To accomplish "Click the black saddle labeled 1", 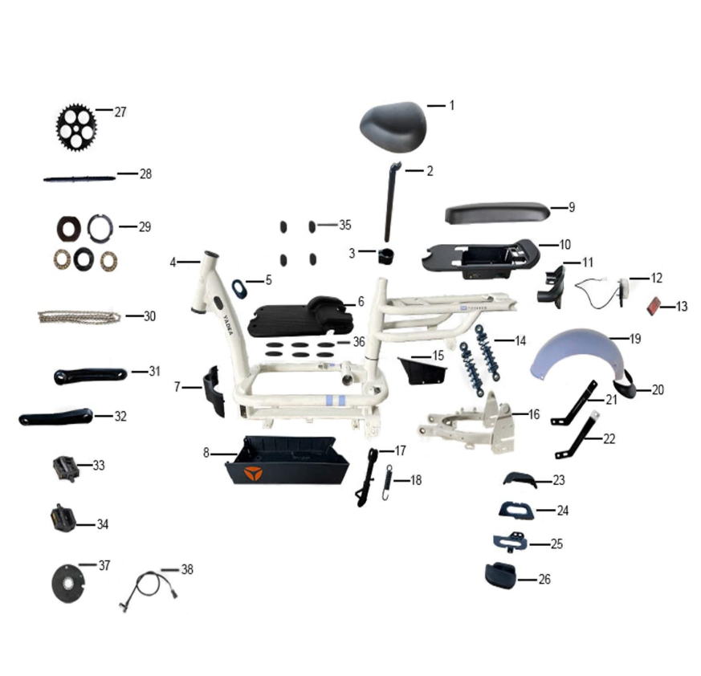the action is point(393,126).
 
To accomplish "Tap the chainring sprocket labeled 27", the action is point(75,128).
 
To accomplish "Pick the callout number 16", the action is point(534,414).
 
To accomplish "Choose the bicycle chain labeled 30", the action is point(79,317).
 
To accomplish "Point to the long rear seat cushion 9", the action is point(496,214).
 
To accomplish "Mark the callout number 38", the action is point(187,569).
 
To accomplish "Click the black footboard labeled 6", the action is point(300,316).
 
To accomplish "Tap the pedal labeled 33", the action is point(66,468).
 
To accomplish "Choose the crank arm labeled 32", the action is point(56,417).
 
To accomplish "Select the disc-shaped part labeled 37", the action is point(68,584).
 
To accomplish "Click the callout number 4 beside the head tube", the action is point(173,263).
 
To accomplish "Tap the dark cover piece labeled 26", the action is point(500,576).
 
